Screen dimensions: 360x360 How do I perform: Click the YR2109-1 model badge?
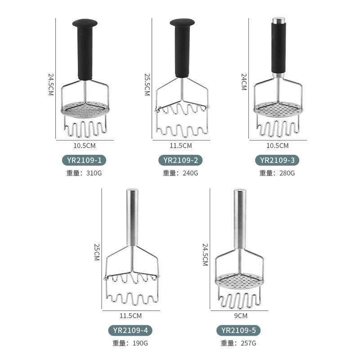[84, 160]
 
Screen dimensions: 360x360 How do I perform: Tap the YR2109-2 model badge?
[180, 160]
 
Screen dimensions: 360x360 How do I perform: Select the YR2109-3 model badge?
[277, 160]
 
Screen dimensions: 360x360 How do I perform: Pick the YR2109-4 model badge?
[130, 330]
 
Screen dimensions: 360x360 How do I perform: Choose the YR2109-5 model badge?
[238, 330]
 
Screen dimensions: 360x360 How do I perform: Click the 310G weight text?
[94, 173]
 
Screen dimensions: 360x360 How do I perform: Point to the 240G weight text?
[190, 173]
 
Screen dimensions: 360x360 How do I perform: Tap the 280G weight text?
[287, 173]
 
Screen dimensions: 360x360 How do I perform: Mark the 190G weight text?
[140, 343]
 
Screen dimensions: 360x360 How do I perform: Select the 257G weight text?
[248, 343]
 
